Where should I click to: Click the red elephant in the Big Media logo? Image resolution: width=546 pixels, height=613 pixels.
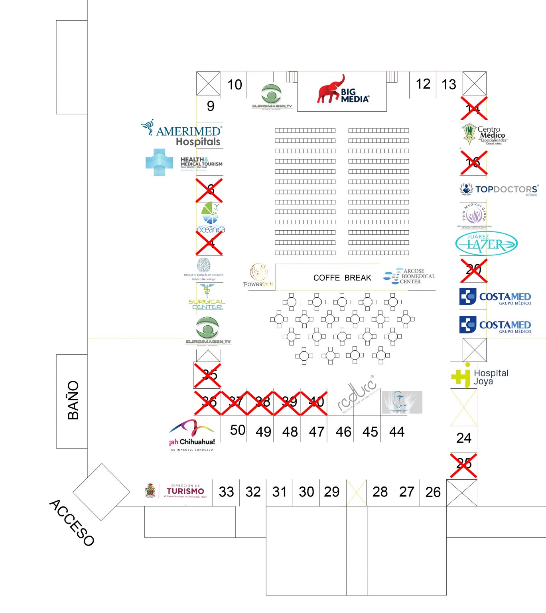point(330,90)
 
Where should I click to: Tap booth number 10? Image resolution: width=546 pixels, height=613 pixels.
point(235,85)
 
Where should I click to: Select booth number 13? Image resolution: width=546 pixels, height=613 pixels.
point(449,85)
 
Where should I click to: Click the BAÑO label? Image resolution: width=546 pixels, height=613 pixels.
point(73,400)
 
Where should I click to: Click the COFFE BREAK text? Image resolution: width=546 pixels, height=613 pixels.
point(342,278)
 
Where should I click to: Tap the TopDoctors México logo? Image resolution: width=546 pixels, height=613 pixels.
point(499,189)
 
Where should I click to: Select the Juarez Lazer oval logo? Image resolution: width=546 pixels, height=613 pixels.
point(486,243)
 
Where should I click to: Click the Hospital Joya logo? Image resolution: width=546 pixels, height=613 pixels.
point(480,376)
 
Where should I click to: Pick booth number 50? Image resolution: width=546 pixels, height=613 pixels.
point(238,430)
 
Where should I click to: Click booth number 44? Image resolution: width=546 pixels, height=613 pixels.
point(397,431)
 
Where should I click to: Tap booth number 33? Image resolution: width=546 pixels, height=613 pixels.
point(226,492)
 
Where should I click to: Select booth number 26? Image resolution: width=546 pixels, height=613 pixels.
point(433,492)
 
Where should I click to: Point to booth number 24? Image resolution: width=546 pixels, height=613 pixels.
point(464,438)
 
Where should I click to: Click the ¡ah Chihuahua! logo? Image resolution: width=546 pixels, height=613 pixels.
point(192,435)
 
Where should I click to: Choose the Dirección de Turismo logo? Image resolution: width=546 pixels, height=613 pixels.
point(177,491)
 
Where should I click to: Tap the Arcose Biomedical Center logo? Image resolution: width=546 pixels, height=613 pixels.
point(410,276)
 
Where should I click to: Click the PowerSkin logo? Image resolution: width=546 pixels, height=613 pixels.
point(258,275)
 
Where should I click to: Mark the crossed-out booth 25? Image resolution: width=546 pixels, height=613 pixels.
point(463,465)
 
